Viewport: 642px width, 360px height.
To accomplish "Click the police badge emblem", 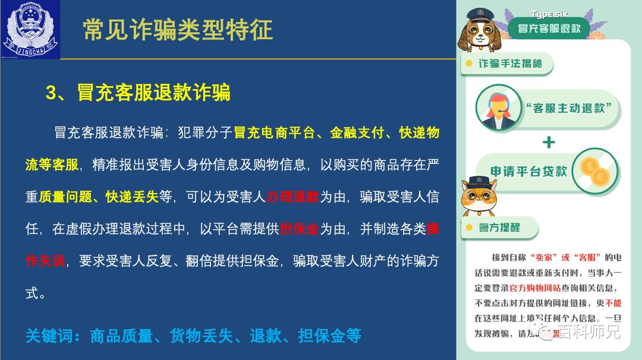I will click(31, 30).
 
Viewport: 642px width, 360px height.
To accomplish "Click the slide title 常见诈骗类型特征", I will click(178, 30).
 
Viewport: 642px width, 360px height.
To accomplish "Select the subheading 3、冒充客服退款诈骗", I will click(138, 93).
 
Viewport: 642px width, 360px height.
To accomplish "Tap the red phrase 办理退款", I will click(293, 197).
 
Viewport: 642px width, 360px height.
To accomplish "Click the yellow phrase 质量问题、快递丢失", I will click(99, 197).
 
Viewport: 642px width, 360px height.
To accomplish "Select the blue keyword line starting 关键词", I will click(193, 336).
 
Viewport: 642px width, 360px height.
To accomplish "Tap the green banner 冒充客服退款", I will click(549, 29).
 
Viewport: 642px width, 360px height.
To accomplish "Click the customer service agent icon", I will click(498, 108).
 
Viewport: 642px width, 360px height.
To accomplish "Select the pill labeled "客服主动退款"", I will click(569, 108).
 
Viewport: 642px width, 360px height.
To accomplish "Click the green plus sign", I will click(549, 143).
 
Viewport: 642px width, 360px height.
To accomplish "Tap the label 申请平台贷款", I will click(528, 172).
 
